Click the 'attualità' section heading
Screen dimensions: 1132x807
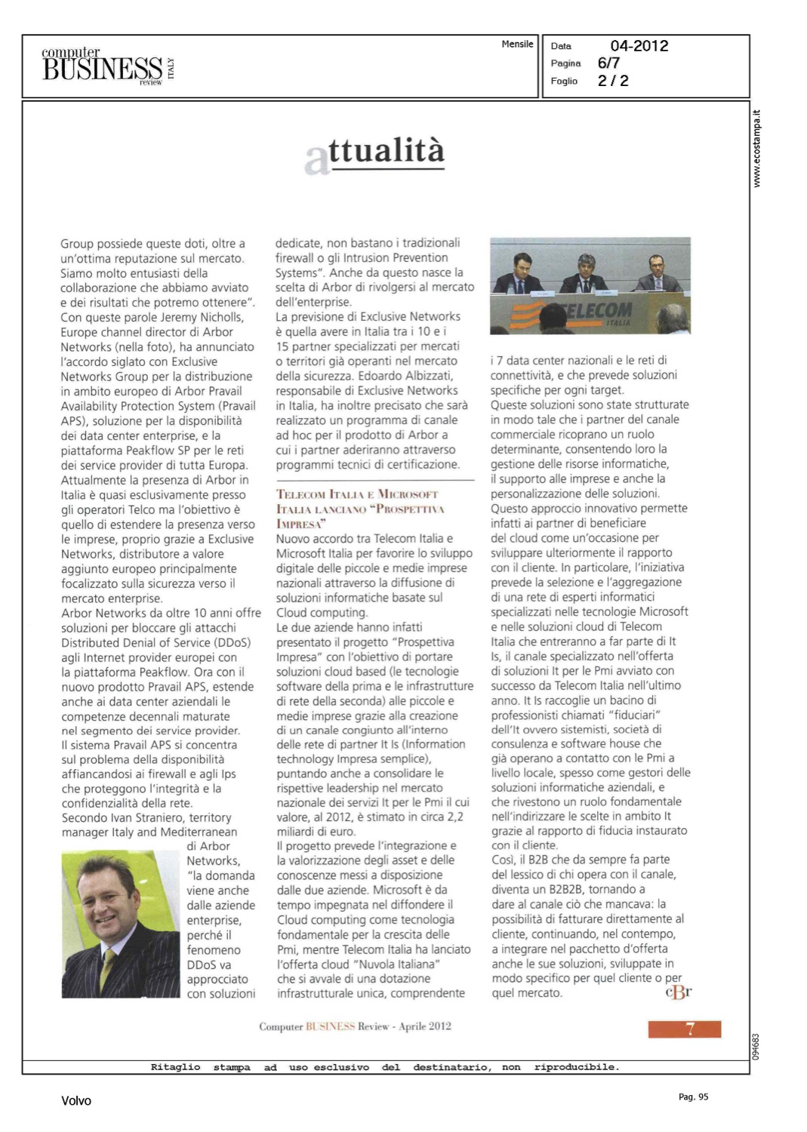click(375, 153)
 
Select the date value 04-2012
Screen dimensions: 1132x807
click(639, 46)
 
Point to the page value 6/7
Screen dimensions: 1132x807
click(608, 63)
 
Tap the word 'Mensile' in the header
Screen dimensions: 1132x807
click(517, 45)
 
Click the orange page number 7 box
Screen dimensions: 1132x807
click(684, 1029)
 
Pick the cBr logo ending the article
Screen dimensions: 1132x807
click(678, 992)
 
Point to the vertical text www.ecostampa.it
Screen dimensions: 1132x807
click(757, 149)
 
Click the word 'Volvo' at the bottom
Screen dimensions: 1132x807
click(76, 1101)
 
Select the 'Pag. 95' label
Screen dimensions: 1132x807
click(693, 1097)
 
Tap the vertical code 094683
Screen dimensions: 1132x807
click(757, 1046)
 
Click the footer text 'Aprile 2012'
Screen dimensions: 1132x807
click(424, 1026)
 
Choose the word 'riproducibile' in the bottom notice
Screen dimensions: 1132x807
click(576, 1067)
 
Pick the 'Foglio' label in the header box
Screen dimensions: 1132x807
click(564, 81)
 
